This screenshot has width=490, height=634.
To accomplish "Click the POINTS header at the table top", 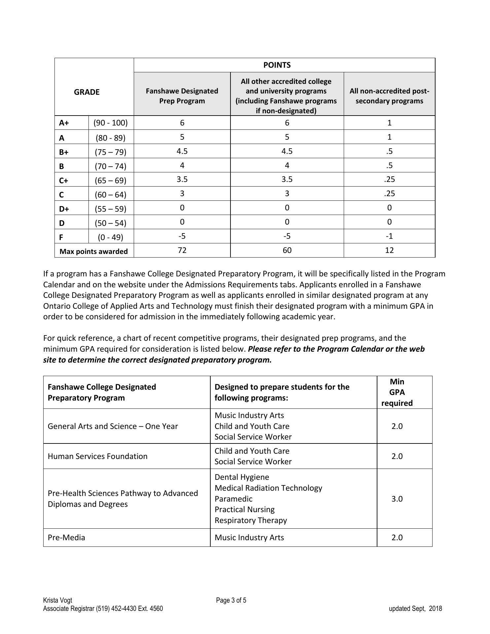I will [277, 65].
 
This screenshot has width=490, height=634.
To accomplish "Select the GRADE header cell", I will [87, 92].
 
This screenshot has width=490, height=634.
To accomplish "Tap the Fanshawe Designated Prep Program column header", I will [182, 96].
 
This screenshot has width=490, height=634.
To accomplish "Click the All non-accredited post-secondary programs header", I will [389, 96].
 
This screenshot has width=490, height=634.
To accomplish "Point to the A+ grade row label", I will [64, 123].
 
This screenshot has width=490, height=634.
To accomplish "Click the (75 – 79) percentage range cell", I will [111, 152].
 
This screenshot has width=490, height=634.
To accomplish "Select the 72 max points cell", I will [182, 250].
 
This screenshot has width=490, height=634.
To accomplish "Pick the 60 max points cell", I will [287, 250].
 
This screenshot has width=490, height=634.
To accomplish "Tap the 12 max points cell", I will [389, 250].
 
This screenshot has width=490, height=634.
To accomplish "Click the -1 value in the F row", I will [389, 236].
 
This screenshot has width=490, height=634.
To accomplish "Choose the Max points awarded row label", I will [93, 251].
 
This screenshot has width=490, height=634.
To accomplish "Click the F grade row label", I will [61, 237].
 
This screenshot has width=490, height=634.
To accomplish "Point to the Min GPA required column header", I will [397, 392].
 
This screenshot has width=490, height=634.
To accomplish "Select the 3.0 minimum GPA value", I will [397, 499].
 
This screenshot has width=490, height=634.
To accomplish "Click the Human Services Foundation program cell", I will [98, 456].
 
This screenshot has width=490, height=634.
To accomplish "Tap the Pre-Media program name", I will [66, 538].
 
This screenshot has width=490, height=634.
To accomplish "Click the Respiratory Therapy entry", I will [251, 520].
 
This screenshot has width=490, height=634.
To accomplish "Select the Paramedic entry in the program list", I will [233, 499].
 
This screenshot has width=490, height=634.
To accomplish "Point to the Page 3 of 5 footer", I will [231, 600].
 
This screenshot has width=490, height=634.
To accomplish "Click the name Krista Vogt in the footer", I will [57, 600].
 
